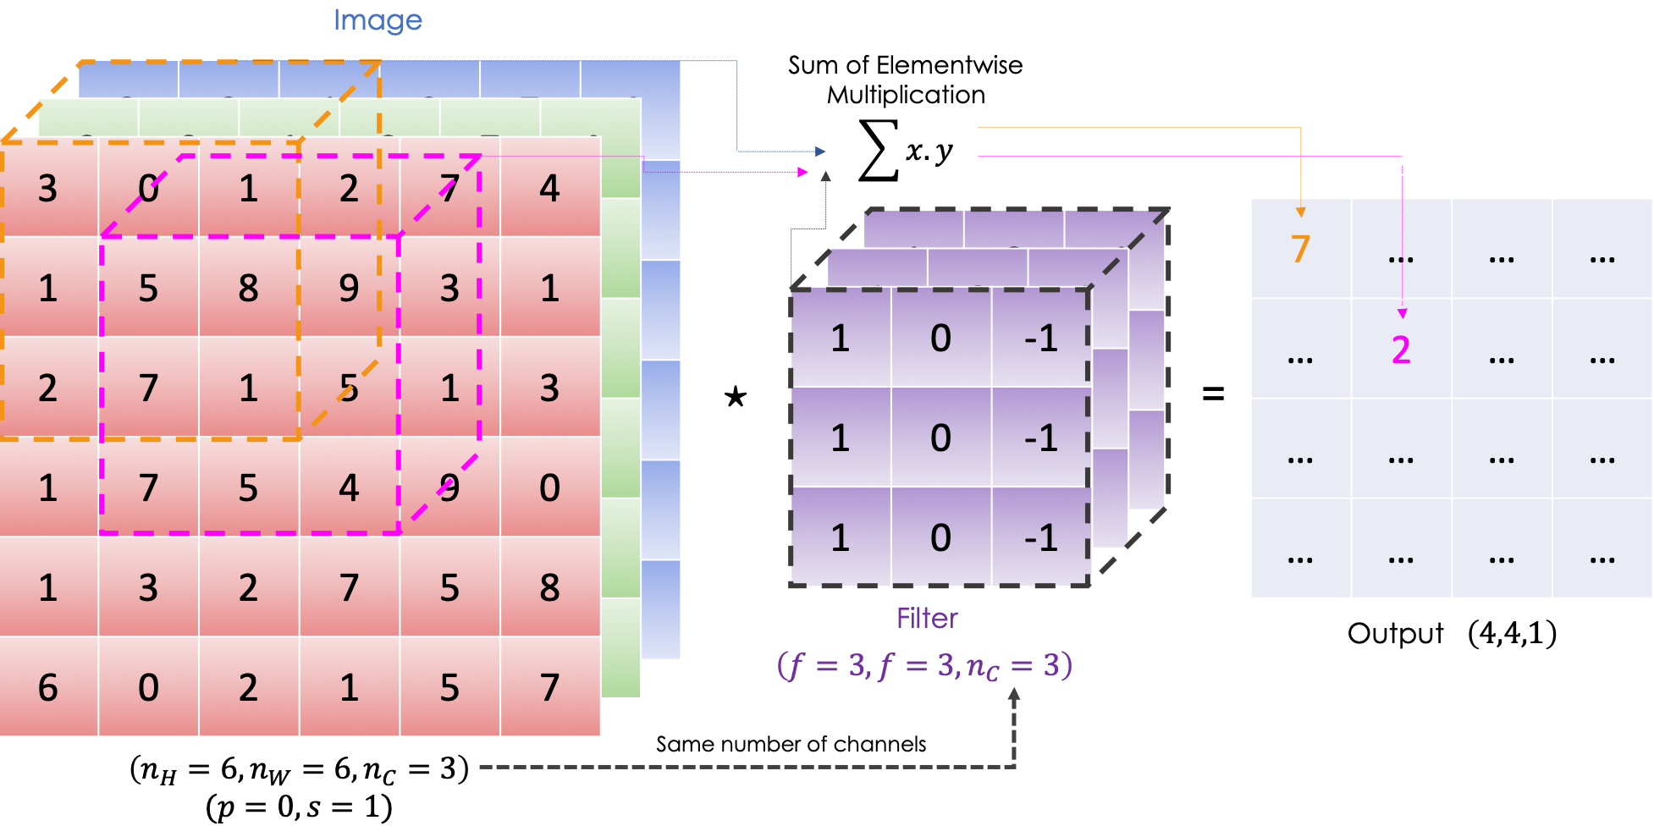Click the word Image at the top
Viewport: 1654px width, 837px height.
[378, 19]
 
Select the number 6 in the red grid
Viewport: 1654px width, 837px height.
[48, 687]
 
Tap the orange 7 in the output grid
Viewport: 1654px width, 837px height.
[1300, 249]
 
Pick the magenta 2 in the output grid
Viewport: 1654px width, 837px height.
[1401, 350]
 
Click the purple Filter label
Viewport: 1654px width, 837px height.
[927, 618]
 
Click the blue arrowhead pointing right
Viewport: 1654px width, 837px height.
[820, 151]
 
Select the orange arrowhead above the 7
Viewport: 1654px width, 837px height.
[1300, 212]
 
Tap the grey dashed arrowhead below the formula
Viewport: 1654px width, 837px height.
[1013, 694]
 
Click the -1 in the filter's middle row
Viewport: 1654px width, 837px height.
[1041, 438]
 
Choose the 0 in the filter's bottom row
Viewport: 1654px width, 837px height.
[940, 538]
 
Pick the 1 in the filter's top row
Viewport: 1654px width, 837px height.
[840, 339]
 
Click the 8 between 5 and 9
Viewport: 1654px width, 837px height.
[248, 289]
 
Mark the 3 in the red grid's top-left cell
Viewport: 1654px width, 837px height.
[48, 189]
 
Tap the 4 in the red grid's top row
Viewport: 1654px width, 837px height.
[549, 189]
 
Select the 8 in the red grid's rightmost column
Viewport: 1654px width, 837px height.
[549, 587]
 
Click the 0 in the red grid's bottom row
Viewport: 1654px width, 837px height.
[148, 687]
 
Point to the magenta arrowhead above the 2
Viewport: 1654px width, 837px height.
[1402, 314]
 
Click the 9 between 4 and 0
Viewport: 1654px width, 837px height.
[449, 488]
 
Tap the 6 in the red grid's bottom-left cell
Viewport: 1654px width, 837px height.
[48, 687]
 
